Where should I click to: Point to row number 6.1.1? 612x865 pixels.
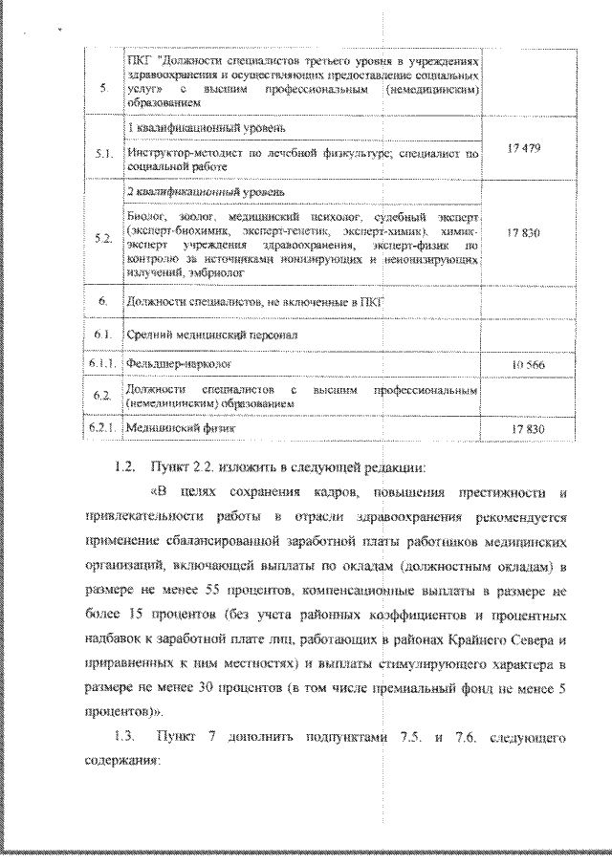tap(103, 365)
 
